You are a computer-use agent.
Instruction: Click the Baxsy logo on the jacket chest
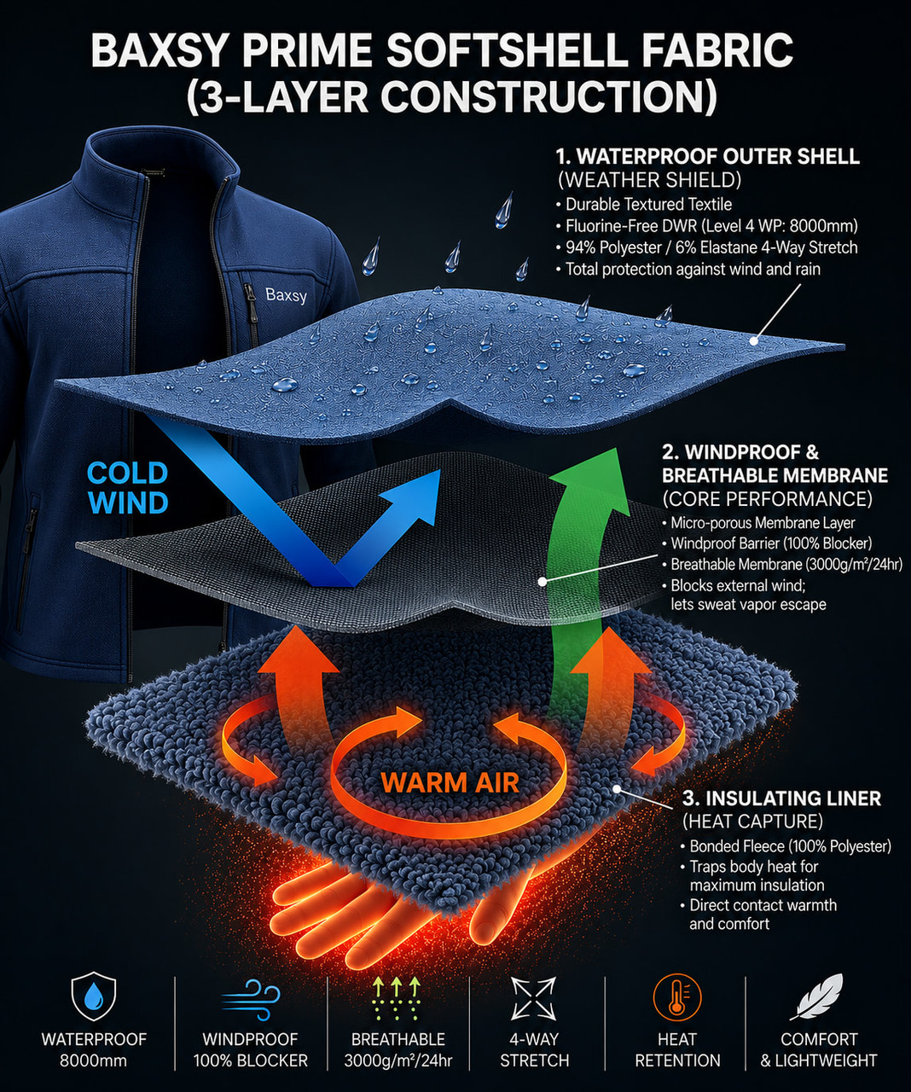(286, 295)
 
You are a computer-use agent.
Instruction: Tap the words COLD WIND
(128, 488)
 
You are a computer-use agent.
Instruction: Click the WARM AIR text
(450, 783)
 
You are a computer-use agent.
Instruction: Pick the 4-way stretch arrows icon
(533, 998)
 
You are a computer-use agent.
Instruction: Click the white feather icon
(816, 996)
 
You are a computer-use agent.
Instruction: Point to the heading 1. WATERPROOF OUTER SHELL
(708, 156)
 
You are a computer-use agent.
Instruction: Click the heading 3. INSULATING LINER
(782, 799)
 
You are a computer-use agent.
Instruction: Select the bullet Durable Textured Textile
(648, 204)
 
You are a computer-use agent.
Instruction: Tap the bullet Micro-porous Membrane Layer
(758, 522)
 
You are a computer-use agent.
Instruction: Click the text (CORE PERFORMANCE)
(767, 498)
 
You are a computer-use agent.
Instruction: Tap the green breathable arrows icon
(397, 998)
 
